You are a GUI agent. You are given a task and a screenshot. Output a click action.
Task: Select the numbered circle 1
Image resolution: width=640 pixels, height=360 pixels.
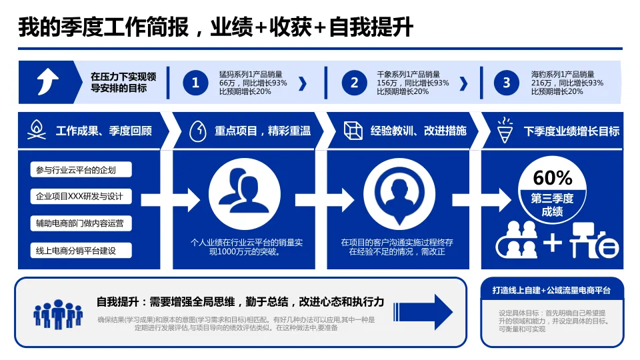click(195, 83)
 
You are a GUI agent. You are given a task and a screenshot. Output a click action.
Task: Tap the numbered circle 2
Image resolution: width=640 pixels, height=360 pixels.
click(355, 83)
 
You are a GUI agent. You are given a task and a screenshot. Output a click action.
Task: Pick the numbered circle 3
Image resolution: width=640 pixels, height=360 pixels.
click(507, 83)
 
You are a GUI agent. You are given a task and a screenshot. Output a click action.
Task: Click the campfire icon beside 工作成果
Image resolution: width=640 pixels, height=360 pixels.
click(37, 130)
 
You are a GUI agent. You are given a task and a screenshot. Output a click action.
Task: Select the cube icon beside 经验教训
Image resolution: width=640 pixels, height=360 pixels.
click(353, 131)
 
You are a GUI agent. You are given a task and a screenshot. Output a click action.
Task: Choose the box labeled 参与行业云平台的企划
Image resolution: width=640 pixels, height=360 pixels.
click(81, 170)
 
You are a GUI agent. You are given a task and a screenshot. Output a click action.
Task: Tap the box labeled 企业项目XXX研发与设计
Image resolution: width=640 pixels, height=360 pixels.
click(81, 197)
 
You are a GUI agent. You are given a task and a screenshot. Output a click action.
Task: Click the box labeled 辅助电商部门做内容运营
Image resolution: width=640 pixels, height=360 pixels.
click(81, 223)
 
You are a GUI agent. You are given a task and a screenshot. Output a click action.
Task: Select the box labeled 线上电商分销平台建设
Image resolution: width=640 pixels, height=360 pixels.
click(81, 251)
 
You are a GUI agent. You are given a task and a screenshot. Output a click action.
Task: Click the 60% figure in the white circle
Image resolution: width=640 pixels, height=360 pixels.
click(553, 178)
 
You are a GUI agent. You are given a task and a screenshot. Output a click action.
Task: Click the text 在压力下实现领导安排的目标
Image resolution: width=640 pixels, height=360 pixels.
click(123, 83)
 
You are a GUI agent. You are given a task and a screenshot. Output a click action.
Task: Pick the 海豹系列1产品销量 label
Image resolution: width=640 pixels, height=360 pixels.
click(563, 74)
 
